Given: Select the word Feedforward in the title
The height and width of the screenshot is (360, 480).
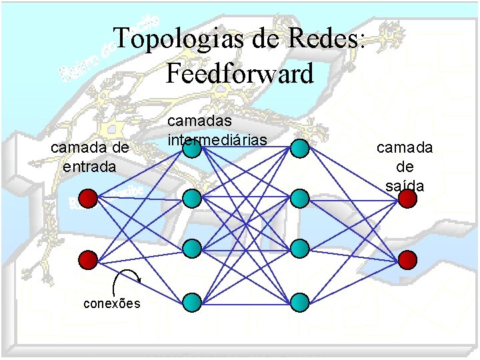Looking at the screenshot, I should tap(239, 73).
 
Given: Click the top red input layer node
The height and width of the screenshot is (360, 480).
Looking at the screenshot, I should tap(88, 198).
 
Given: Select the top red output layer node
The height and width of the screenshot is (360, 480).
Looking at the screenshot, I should tap(408, 198).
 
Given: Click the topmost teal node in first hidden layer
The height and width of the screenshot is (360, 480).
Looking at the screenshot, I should tap(192, 148).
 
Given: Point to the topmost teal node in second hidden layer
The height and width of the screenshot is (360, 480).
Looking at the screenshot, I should tap(299, 148).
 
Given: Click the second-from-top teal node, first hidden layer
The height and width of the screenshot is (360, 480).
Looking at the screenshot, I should tap(192, 198).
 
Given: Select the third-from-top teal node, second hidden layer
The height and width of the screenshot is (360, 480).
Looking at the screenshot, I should tap(299, 249).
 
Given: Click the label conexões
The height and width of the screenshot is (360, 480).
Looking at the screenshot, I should tap(112, 303).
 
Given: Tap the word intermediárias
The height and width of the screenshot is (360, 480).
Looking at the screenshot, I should tap(217, 140).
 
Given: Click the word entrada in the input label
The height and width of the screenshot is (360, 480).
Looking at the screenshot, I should tap(89, 166).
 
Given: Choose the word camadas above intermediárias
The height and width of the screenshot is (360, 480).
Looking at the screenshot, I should tap(199, 121).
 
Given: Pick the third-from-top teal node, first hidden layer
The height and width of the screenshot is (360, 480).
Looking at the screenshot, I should tap(192, 249).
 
